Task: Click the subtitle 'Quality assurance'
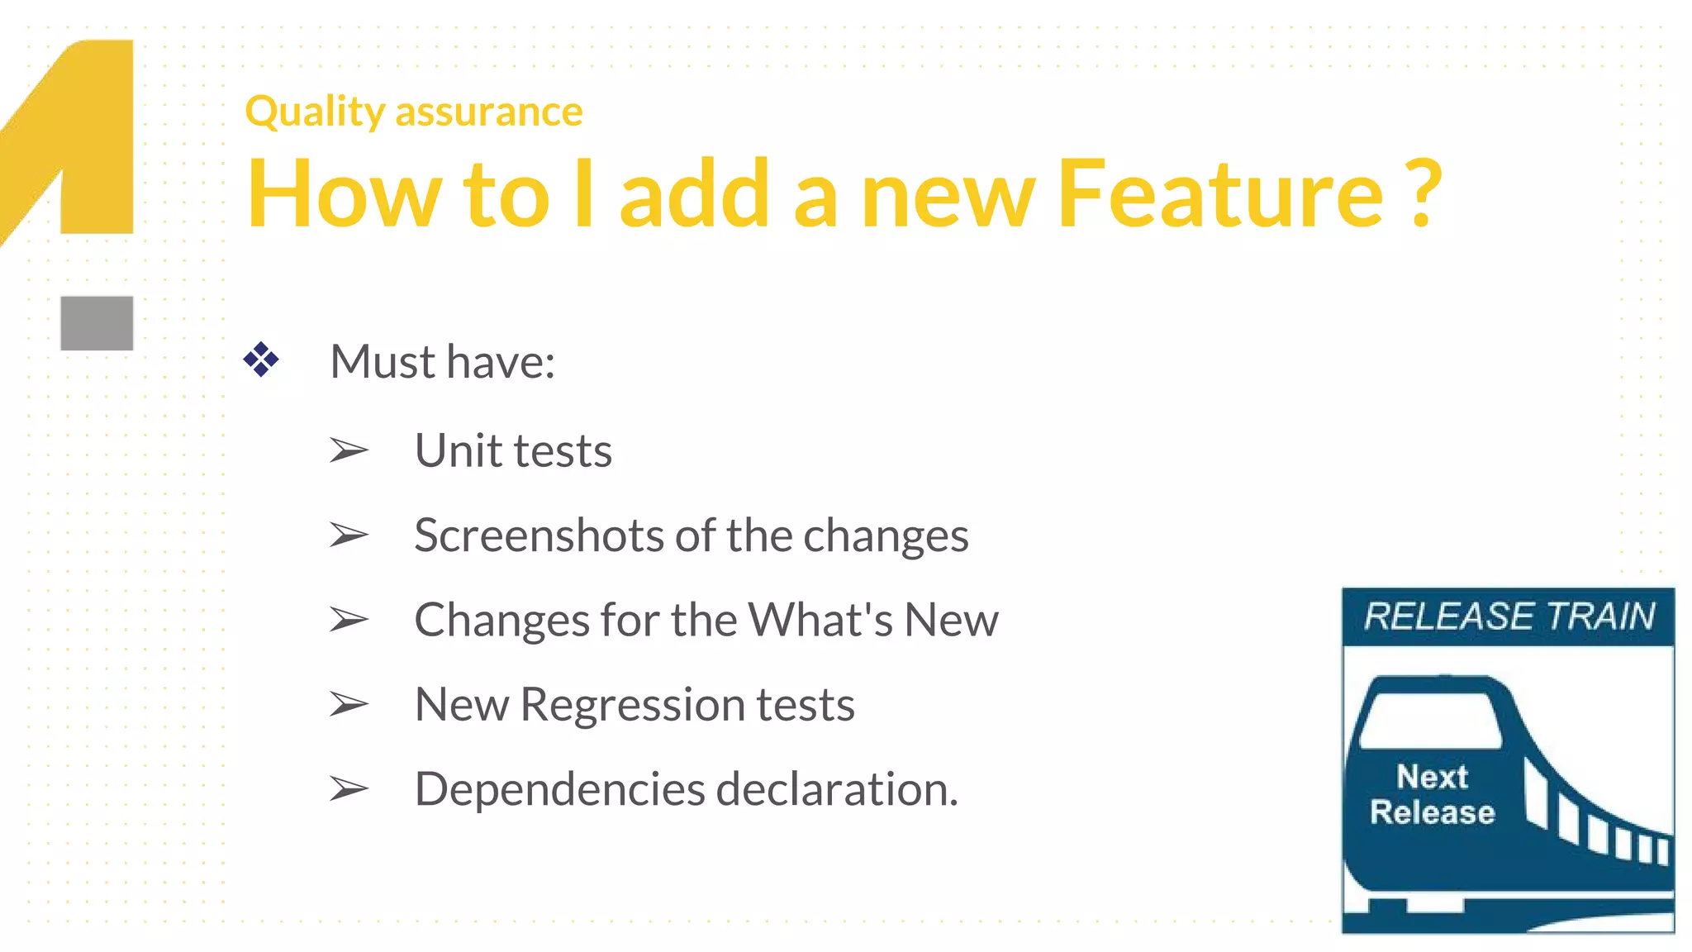(x=414, y=112)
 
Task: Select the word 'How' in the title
(x=344, y=194)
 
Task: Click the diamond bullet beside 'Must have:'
(x=261, y=360)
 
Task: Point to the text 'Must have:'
(x=442, y=362)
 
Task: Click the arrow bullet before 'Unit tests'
(x=349, y=450)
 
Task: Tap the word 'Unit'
(x=459, y=451)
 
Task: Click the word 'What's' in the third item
(x=820, y=620)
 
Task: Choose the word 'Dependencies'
(x=559, y=789)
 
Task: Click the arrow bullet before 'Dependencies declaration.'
(x=349, y=789)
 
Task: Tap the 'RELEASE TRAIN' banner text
(x=1509, y=616)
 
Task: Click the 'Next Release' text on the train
(x=1433, y=795)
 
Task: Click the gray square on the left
(x=97, y=323)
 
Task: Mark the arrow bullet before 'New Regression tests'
(x=349, y=704)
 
